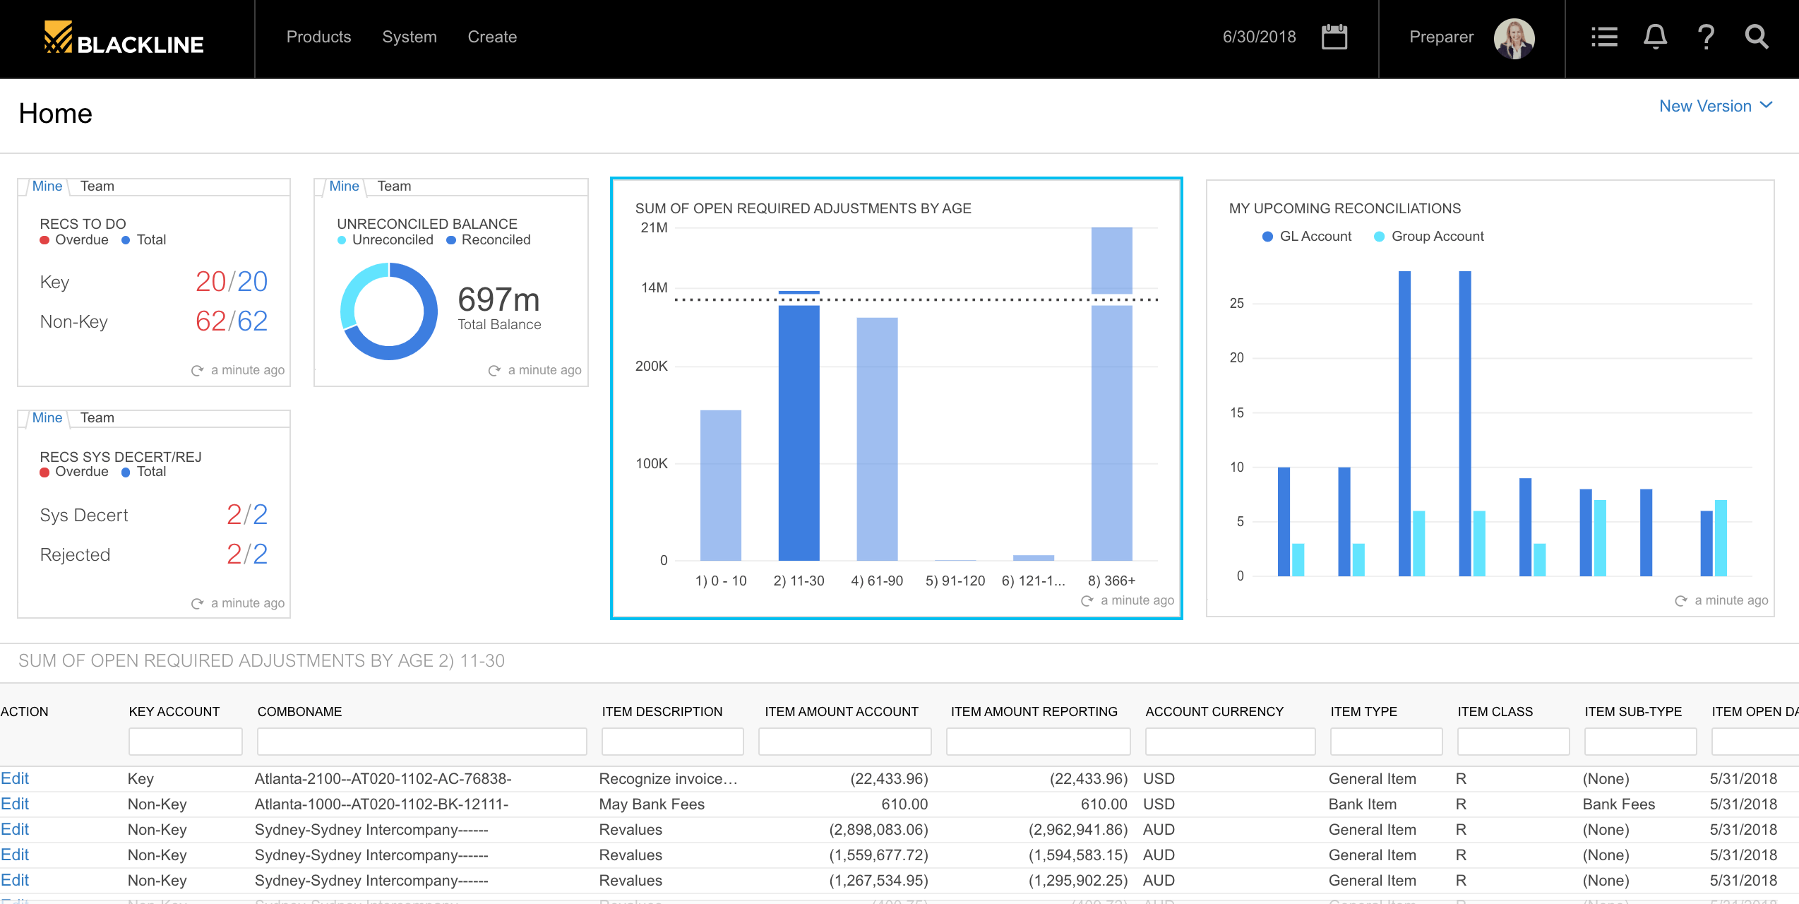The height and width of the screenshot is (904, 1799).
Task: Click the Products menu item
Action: [318, 37]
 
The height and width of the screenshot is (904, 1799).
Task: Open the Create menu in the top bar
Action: [492, 37]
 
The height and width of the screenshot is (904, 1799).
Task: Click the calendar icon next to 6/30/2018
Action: [1334, 37]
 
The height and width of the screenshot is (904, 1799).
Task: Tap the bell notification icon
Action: [1655, 37]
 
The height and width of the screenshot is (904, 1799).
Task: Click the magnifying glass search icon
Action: [1757, 37]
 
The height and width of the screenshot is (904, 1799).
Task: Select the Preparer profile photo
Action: [1514, 38]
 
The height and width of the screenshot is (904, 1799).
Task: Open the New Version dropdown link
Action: [1715, 106]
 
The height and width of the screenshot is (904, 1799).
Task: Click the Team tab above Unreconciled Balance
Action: [394, 186]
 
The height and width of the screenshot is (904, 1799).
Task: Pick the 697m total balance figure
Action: [498, 300]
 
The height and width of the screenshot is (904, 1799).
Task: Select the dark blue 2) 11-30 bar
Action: [799, 431]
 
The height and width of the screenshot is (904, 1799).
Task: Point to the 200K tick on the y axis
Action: [651, 366]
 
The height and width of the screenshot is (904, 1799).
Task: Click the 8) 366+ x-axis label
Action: [1111, 581]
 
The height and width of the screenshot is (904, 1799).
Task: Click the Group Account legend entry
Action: [1437, 237]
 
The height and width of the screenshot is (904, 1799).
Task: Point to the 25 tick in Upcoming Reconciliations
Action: [1236, 303]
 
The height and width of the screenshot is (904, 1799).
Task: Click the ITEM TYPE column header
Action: [1363, 711]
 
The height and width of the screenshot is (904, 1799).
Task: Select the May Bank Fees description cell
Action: [652, 804]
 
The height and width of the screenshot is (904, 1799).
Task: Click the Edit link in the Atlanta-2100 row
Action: [15, 778]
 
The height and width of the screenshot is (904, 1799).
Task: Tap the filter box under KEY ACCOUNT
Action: [185, 742]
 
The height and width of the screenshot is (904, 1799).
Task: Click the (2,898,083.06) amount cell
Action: [878, 829]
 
